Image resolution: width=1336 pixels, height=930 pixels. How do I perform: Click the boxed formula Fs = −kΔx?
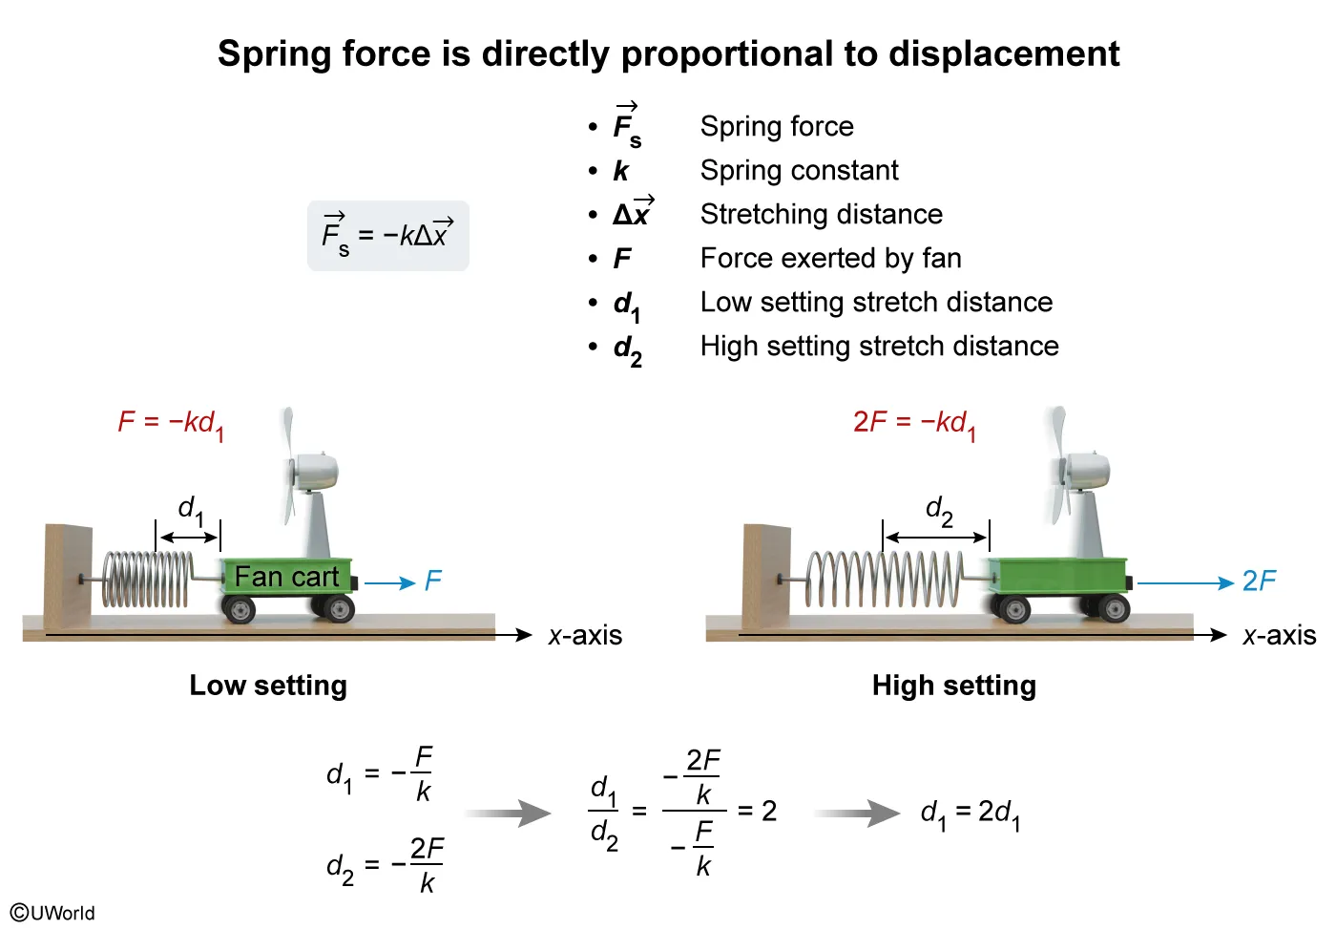[387, 235]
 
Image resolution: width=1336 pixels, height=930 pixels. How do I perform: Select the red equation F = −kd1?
[171, 423]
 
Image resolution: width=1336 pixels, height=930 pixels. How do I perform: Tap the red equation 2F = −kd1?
[914, 423]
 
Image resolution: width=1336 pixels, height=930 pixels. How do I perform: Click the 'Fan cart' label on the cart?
[286, 577]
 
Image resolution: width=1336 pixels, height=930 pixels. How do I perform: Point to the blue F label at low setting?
[433, 581]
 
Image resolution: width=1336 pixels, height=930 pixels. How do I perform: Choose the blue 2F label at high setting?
[1258, 581]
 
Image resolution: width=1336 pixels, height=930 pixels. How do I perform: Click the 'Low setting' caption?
[268, 686]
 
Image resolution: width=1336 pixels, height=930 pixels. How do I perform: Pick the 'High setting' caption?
[953, 686]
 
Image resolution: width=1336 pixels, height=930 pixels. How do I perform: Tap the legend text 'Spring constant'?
[799, 171]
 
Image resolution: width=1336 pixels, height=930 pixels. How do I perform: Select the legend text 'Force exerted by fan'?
[830, 259]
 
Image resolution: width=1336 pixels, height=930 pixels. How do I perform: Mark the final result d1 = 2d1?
[970, 814]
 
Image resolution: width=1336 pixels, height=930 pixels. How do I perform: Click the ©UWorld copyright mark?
[53, 912]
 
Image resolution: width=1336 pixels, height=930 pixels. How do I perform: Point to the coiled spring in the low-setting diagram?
[147, 580]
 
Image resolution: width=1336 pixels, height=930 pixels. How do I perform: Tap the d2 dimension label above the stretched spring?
[939, 511]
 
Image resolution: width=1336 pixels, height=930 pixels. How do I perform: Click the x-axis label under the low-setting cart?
[585, 636]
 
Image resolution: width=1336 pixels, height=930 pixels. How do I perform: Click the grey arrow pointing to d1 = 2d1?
[856, 814]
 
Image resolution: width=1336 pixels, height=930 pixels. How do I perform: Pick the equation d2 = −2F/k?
[385, 865]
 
